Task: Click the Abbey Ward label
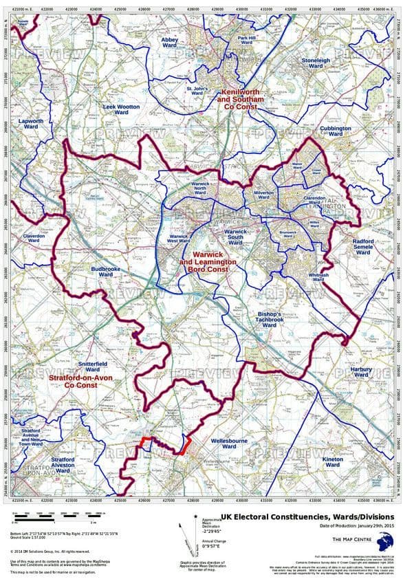pos(170,43)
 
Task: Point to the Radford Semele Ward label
pos(363,247)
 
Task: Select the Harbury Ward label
pos(362,371)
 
